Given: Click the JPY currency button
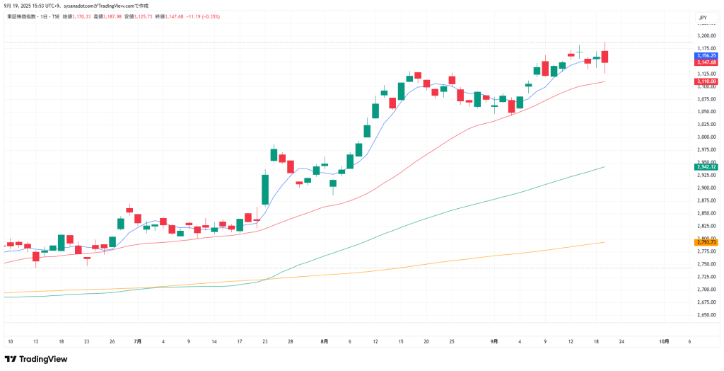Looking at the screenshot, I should tap(702, 17).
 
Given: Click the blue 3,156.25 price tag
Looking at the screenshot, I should tap(706, 55).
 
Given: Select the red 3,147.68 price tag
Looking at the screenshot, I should tap(706, 62).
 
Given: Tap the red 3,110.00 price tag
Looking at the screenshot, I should tap(706, 81).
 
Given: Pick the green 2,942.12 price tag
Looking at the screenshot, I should tap(706, 166).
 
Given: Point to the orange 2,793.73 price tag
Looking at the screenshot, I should tap(706, 242).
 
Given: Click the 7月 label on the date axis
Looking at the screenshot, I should tap(137, 341).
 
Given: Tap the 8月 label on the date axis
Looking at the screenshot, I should tap(324, 341).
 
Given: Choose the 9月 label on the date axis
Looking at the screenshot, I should tap(494, 341).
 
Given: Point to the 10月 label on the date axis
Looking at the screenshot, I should tap(664, 341).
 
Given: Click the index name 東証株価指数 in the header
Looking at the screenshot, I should tap(22, 16).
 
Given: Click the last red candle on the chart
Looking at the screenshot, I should tap(605, 57).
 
